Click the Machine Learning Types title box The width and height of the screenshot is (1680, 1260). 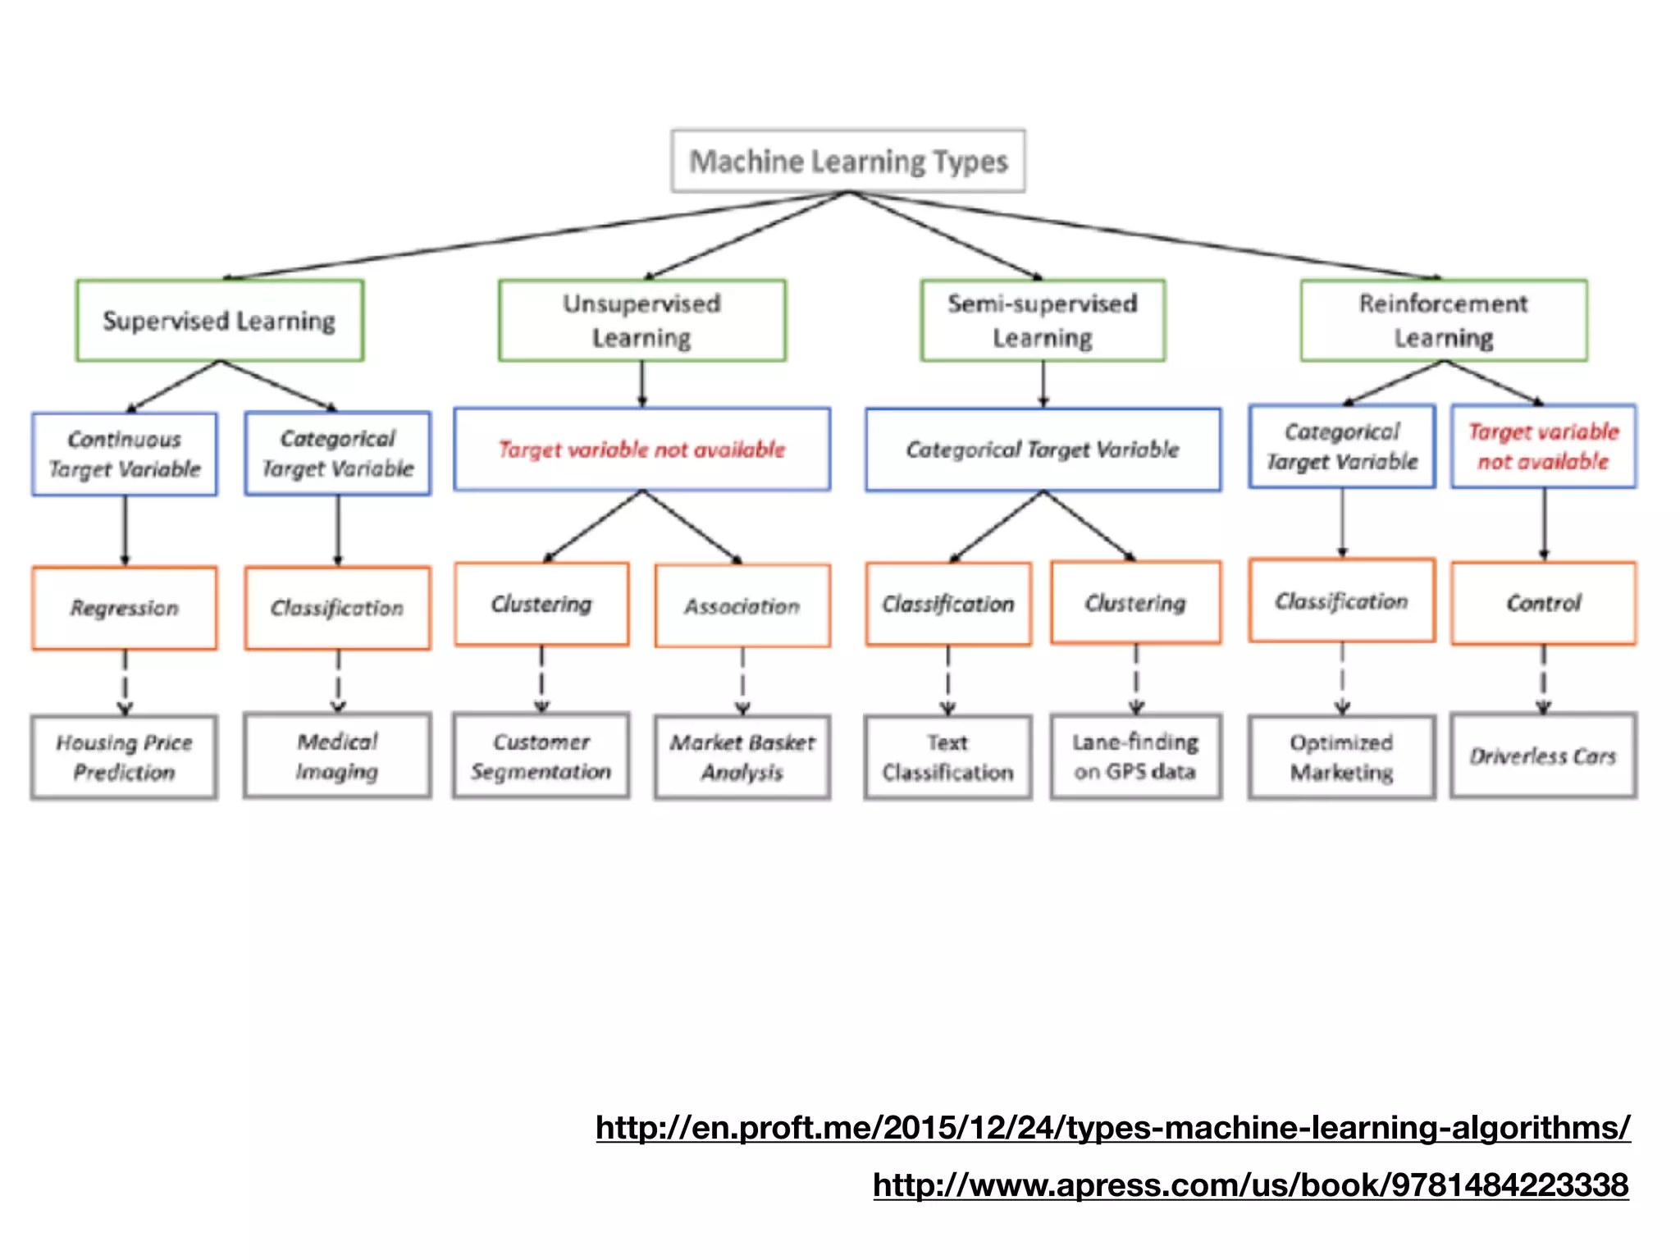[847, 161]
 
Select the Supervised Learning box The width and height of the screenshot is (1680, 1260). [219, 321]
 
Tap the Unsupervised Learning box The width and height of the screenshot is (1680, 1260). [641, 321]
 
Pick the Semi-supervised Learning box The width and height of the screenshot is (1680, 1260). [1042, 321]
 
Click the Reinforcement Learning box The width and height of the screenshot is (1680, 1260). [1443, 321]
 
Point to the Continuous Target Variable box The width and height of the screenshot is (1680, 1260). [125, 454]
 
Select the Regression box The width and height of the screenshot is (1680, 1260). [125, 608]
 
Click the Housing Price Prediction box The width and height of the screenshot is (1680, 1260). [125, 757]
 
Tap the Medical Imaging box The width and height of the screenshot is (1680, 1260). [337, 756]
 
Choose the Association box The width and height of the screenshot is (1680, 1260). [742, 606]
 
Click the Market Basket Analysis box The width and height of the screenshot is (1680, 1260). [742, 757]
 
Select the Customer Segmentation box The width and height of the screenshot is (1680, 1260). [541, 756]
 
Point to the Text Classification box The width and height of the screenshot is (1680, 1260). [947, 757]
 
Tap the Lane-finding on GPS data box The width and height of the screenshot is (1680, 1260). [1135, 756]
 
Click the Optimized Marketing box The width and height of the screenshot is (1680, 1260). [1341, 757]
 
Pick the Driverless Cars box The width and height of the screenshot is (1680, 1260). [1543, 756]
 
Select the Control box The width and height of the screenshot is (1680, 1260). [1543, 604]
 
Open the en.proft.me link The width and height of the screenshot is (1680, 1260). [1112, 1128]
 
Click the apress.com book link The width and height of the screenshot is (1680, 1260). [1250, 1185]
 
